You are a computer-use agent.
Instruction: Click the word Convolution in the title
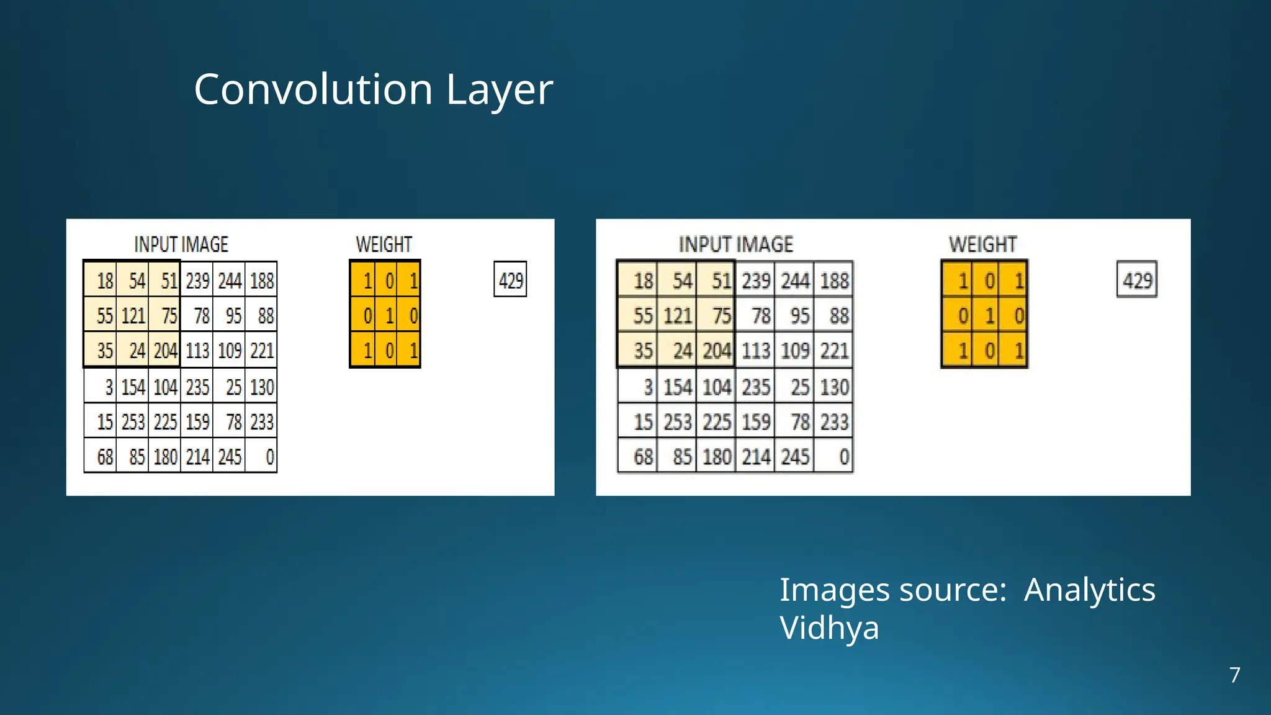pos(313,89)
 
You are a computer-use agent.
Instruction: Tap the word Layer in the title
pos(499,91)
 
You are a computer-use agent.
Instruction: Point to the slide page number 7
pos(1234,675)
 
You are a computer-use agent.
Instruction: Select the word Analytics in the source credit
pos(1089,590)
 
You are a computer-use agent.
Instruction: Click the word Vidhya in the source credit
pos(829,628)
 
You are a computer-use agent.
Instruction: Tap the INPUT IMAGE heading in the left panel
pos(181,245)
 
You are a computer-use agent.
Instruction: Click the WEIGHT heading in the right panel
pos(982,245)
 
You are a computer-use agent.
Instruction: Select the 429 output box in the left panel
pos(510,280)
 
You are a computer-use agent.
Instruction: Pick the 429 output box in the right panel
pos(1137,280)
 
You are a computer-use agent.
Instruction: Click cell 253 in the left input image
pos(133,422)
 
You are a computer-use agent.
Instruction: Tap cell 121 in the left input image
pos(133,316)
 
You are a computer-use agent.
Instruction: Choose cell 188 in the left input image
pos(261,281)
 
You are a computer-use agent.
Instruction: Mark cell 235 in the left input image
pos(197,387)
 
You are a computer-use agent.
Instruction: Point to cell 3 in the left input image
pos(101,387)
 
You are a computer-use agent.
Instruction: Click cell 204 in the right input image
pos(716,351)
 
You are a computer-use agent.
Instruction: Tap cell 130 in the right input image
pos(833,387)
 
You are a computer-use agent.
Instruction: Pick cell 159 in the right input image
pos(755,422)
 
